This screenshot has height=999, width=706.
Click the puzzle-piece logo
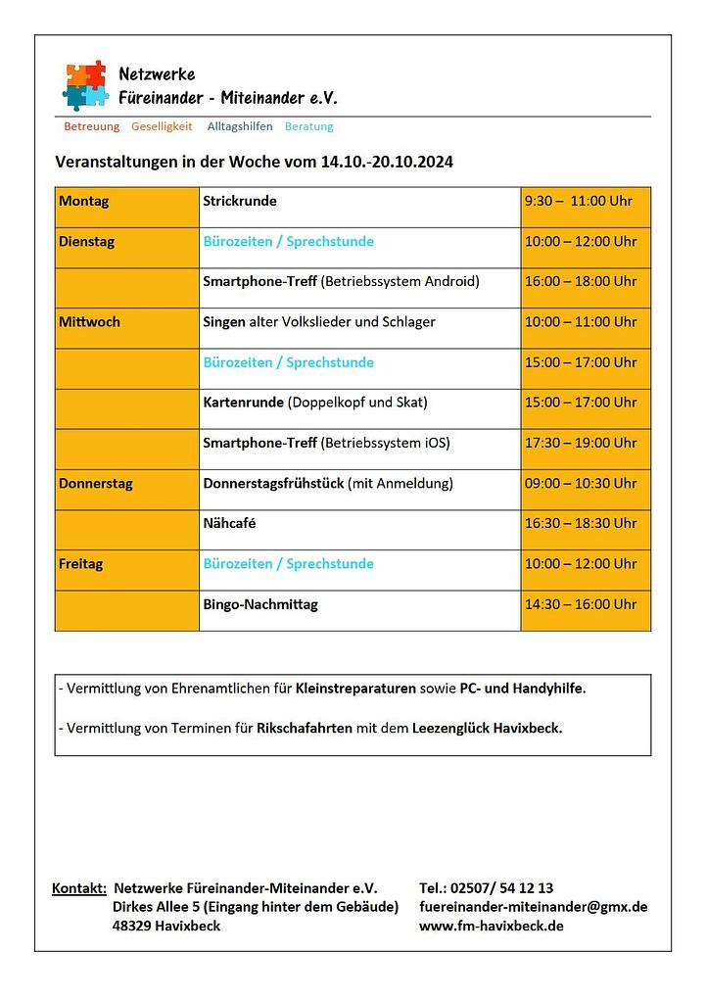(x=85, y=85)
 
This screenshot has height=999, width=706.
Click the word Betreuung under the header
(x=91, y=126)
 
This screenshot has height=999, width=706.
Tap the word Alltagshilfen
(x=240, y=126)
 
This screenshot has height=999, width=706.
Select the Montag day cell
(x=84, y=202)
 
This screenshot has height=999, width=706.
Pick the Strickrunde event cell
(x=240, y=202)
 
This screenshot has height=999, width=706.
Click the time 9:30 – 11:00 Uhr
(x=579, y=202)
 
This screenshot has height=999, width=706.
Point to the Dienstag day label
(x=86, y=242)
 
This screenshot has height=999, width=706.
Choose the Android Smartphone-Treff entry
(x=341, y=282)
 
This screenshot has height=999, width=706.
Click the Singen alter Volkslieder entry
(x=319, y=322)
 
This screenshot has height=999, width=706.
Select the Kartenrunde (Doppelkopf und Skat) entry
(x=315, y=403)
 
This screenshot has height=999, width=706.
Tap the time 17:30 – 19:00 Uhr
(x=581, y=443)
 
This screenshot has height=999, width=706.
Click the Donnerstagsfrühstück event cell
(x=328, y=484)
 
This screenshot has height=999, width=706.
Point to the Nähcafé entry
(x=229, y=524)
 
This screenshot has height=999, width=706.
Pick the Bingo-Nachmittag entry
(x=260, y=604)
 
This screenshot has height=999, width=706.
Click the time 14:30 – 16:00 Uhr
(x=581, y=604)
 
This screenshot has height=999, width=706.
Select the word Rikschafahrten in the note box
(x=305, y=729)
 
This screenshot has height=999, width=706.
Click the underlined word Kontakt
(x=79, y=888)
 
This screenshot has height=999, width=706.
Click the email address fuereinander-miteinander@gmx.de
(x=533, y=907)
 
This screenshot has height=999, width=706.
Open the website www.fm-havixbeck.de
(x=491, y=926)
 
